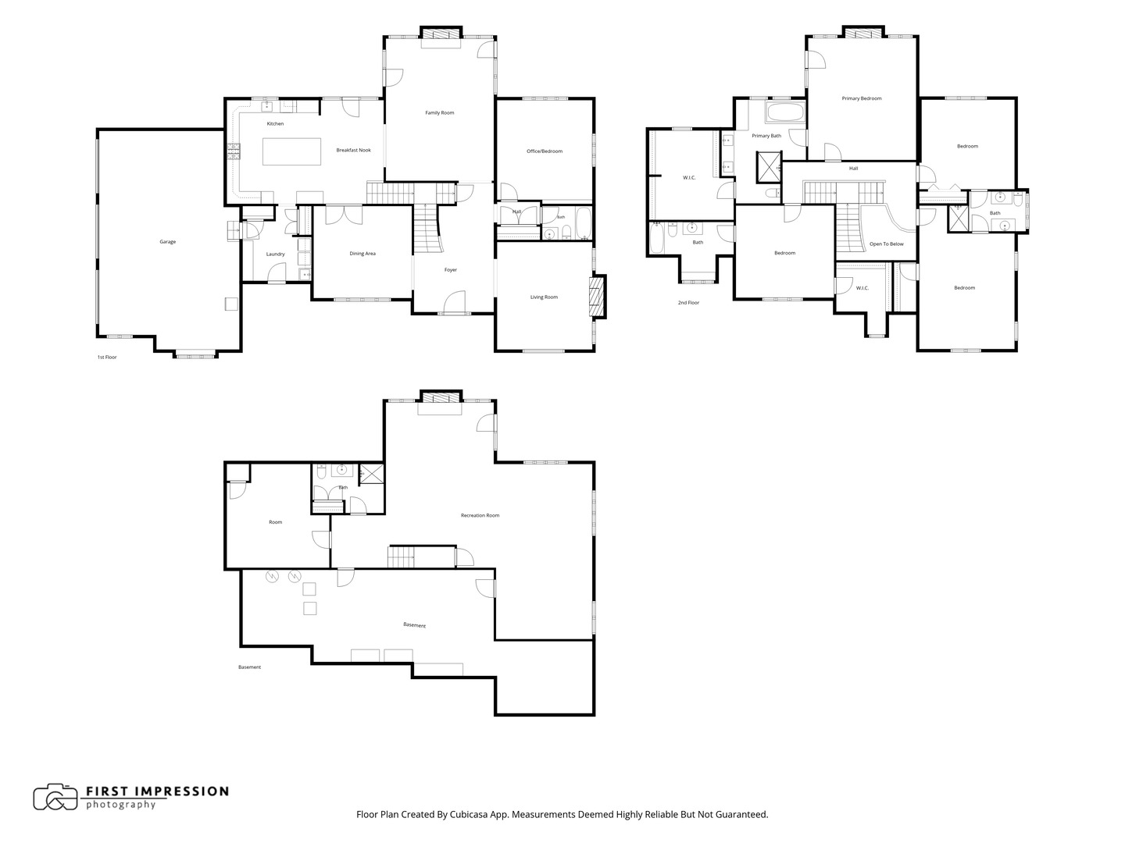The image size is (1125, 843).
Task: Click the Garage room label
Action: [168, 242]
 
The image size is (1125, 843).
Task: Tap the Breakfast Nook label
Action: [353, 150]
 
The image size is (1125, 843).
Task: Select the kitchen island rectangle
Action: [291, 151]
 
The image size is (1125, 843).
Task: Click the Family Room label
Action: [439, 112]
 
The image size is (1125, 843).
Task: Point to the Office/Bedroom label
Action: [545, 151]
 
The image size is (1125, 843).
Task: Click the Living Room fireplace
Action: [598, 297]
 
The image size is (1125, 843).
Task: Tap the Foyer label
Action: [451, 270]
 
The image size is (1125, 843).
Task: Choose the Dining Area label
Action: [362, 254]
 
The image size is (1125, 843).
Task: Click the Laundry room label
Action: [275, 254]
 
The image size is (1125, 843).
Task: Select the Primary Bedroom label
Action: [862, 98]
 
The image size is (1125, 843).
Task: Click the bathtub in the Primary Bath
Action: [785, 112]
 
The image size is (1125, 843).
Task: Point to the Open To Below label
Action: [886, 244]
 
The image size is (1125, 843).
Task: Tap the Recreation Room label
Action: [480, 515]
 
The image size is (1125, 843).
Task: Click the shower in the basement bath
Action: [371, 474]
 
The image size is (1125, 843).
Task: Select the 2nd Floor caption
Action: [688, 303]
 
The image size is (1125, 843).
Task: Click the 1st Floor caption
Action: [106, 357]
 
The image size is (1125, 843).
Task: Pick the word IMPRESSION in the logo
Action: [188, 791]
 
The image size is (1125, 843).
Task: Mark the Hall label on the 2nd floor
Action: [853, 169]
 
